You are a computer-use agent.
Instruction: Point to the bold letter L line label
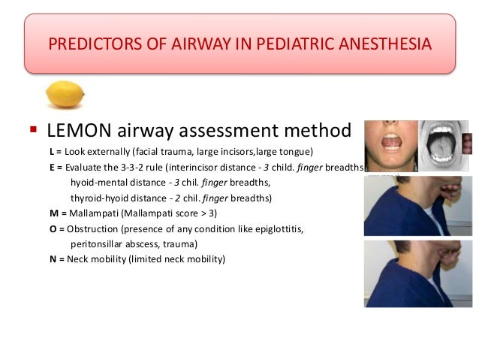pos(53,153)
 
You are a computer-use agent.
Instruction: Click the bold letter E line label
pos(53,168)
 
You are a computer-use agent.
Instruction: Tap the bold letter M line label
pos(54,213)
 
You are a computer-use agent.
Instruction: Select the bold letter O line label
pos(53,228)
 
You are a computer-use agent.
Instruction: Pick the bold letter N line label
pos(53,259)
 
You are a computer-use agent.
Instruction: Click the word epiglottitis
pos(273,228)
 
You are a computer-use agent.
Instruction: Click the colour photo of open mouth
pos(389,143)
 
